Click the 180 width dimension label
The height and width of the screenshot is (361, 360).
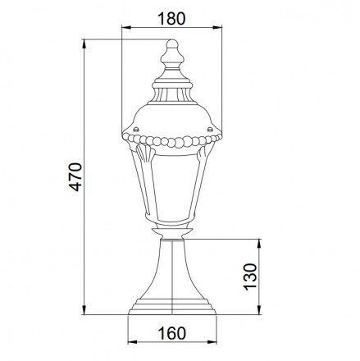tap(171, 19)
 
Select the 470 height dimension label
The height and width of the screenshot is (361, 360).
tap(75, 177)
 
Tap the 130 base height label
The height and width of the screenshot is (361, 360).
tap(250, 276)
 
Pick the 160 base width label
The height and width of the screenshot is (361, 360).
tap(172, 333)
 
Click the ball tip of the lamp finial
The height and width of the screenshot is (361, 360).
tap(172, 43)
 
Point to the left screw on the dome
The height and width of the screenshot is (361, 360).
tap(136, 129)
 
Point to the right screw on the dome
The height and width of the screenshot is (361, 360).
tap(210, 129)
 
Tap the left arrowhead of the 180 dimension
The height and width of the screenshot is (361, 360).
tap(126, 27)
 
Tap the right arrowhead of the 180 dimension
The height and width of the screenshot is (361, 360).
tap(217, 27)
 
